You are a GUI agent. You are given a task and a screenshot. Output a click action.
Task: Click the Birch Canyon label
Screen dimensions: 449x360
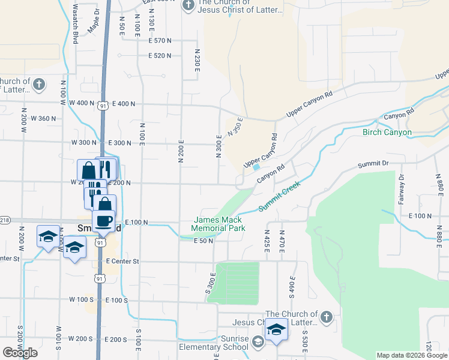(387, 132)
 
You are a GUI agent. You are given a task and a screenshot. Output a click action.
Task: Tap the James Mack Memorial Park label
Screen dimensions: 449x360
(218, 224)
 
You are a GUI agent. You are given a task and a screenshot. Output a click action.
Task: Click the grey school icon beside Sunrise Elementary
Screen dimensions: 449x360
(258, 342)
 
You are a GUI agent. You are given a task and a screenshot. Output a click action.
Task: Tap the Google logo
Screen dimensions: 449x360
(20, 353)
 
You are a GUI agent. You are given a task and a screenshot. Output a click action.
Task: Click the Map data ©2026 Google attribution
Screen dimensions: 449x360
(412, 355)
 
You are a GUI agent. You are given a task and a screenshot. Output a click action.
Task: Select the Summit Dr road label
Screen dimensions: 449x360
(373, 163)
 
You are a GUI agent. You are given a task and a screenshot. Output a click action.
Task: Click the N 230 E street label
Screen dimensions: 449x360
(196, 61)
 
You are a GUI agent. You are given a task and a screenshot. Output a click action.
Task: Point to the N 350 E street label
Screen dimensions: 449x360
(234, 127)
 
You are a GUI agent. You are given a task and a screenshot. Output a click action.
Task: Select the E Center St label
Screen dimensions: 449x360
(122, 262)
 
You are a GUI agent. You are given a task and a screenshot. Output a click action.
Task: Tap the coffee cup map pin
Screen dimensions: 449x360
(103, 221)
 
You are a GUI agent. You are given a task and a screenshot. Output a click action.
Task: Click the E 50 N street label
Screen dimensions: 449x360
(204, 241)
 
